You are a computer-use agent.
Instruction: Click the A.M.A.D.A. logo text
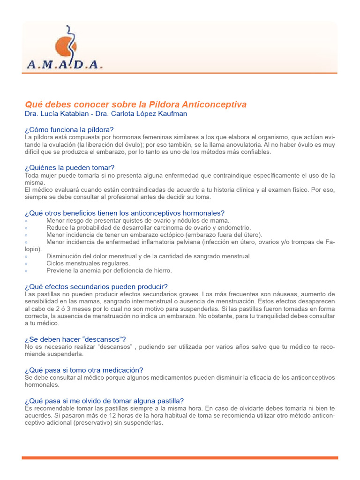65,65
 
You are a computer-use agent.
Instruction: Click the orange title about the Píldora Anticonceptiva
135,104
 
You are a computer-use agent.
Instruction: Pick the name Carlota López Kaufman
150,114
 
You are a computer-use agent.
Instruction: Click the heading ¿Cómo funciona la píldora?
69,129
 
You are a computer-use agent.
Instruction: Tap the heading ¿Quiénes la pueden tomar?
69,167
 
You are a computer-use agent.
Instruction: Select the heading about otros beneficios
124,213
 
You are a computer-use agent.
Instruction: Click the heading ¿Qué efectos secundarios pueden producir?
96,286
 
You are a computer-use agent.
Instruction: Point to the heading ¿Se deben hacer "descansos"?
75,339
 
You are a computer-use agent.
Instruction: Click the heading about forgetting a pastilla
104,400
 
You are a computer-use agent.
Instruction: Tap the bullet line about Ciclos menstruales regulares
88,263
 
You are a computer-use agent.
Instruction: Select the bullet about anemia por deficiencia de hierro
109,270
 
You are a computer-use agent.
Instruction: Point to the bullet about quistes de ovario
138,220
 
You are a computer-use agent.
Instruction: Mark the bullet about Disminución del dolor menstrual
149,256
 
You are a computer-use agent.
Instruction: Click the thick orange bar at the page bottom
180,457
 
